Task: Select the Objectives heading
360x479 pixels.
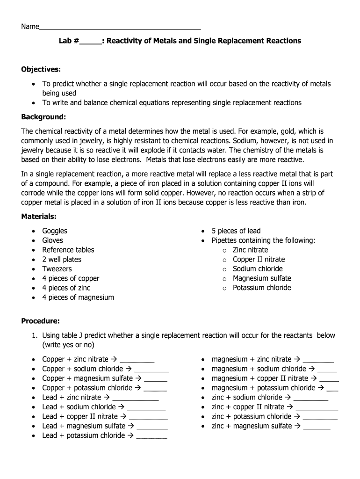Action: pyautogui.click(x=41, y=70)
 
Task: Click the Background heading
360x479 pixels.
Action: pyautogui.click(x=43, y=116)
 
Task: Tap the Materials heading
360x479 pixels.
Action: pyautogui.click(x=39, y=217)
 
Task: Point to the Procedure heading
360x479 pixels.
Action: pyautogui.click(x=41, y=321)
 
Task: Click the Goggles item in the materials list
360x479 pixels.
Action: pyautogui.click(x=55, y=231)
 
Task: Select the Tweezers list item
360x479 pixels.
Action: pyautogui.click(x=57, y=269)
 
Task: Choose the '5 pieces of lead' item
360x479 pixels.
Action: pyautogui.click(x=236, y=231)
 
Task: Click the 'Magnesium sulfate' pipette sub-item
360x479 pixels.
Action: pyautogui.click(x=262, y=278)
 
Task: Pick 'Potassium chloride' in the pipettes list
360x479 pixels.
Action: pyautogui.click(x=262, y=288)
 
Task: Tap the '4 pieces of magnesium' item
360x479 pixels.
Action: pyautogui.click(x=78, y=298)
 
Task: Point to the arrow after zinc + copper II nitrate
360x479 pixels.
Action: pyautogui.click(x=290, y=407)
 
